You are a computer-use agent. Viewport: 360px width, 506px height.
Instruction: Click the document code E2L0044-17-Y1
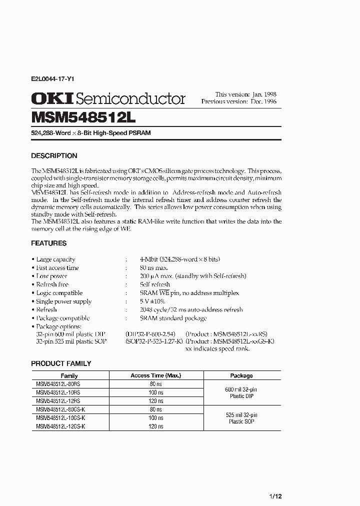pyautogui.click(x=53, y=79)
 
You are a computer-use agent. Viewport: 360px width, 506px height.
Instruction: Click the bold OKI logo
pyautogui.click(x=52, y=98)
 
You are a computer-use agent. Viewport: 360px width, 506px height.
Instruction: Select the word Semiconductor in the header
pyautogui.click(x=131, y=99)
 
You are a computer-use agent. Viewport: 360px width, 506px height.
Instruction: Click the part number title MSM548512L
pyautogui.click(x=80, y=117)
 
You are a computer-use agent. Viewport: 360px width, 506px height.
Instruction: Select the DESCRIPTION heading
pyautogui.click(x=54, y=155)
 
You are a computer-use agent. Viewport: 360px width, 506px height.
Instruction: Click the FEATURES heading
pyautogui.click(x=48, y=243)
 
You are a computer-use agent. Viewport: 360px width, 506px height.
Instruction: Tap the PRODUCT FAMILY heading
pyautogui.click(x=61, y=363)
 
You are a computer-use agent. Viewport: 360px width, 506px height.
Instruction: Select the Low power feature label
pyautogui.click(x=51, y=276)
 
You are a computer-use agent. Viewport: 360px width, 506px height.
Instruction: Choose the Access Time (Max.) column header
pyautogui.click(x=155, y=375)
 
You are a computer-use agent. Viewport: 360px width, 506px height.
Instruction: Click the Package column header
pyautogui.click(x=241, y=375)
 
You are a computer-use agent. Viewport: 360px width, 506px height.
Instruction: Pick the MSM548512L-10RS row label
pyautogui.click(x=58, y=392)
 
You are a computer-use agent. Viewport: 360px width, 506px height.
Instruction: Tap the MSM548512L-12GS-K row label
pyautogui.click(x=60, y=426)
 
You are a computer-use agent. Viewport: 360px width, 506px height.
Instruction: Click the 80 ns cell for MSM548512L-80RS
pyautogui.click(x=155, y=384)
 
